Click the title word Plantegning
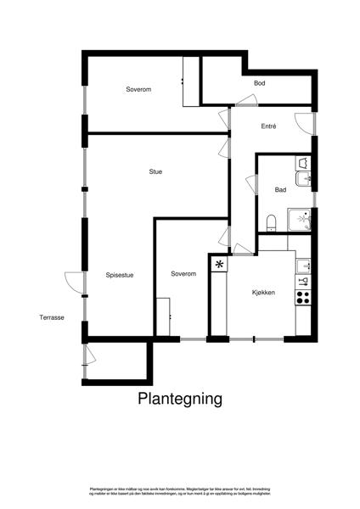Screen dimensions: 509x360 (180, 398)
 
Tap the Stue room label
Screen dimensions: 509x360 (155, 172)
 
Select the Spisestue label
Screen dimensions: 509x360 (120, 274)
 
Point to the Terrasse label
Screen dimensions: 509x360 (52, 317)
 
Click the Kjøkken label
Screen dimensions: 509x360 (263, 292)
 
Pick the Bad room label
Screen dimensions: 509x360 (280, 190)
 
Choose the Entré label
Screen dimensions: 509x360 (268, 126)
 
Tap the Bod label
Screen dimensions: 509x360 (260, 83)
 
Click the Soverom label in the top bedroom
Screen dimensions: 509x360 (138, 89)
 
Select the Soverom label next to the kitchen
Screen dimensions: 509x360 (183, 273)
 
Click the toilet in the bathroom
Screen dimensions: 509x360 (271, 222)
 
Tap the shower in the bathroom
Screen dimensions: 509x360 (300, 219)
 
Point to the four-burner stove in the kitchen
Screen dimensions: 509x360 (303, 297)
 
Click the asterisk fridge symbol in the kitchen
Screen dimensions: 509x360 (219, 265)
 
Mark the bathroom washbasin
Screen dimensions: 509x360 (305, 178)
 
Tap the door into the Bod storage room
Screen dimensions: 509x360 (248, 102)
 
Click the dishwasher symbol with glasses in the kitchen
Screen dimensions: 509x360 (303, 281)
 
